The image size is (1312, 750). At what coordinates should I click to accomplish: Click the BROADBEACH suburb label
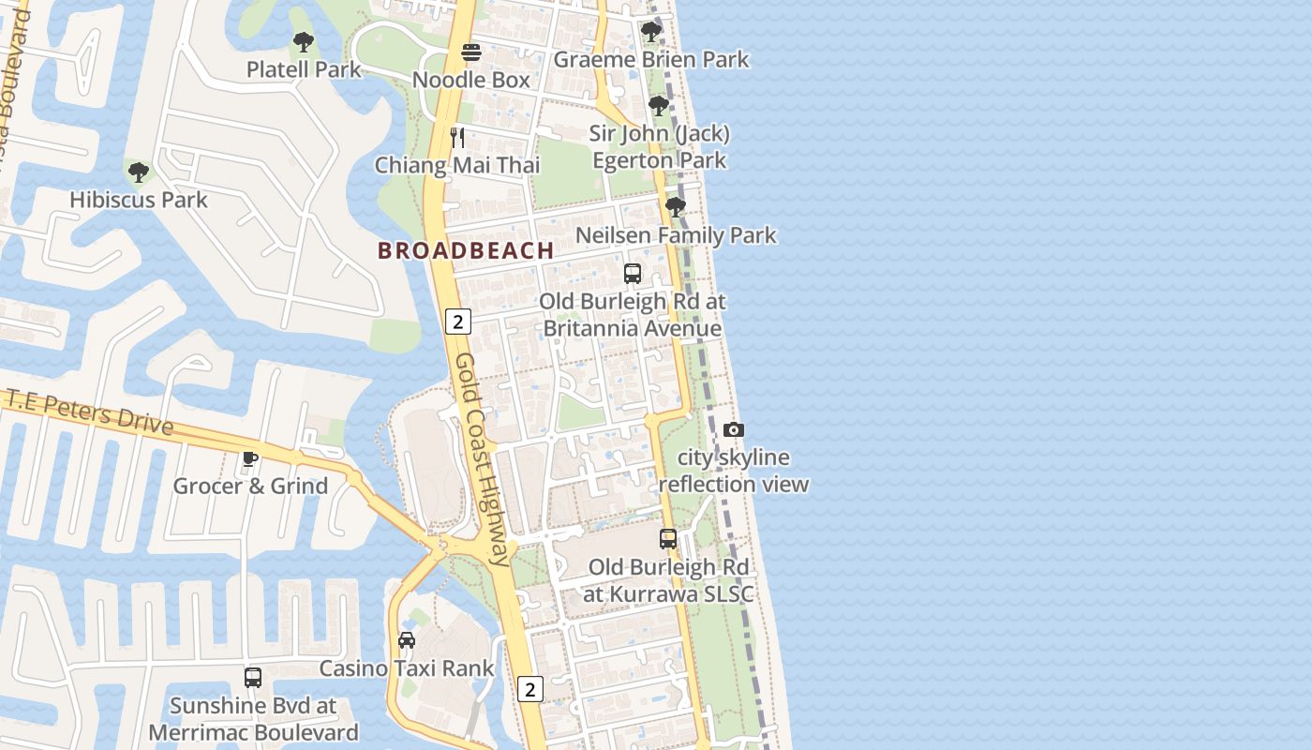pyautogui.click(x=465, y=251)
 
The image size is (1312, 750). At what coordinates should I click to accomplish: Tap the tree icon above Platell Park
pyautogui.click(x=303, y=42)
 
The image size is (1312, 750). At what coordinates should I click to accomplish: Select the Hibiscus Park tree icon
pyautogui.click(x=139, y=172)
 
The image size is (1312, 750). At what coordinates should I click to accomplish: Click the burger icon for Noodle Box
pyautogui.click(x=471, y=52)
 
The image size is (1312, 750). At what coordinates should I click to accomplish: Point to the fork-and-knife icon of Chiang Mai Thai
pyautogui.click(x=457, y=138)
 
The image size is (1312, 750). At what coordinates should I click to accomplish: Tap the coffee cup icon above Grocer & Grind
pyautogui.click(x=249, y=458)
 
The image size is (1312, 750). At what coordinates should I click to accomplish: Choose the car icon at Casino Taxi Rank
pyautogui.click(x=407, y=640)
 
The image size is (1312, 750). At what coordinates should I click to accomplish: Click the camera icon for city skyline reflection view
pyautogui.click(x=734, y=430)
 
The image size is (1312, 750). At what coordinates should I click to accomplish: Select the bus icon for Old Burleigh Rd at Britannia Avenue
pyautogui.click(x=633, y=274)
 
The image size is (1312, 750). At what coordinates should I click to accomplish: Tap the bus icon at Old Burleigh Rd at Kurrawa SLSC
pyautogui.click(x=668, y=539)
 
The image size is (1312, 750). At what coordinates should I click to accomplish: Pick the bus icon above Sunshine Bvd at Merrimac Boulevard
pyautogui.click(x=253, y=678)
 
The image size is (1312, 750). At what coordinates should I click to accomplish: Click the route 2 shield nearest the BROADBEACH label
pyautogui.click(x=457, y=322)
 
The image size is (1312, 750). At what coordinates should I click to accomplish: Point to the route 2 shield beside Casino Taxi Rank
pyautogui.click(x=530, y=689)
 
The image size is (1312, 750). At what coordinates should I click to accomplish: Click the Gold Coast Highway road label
pyautogui.click(x=483, y=459)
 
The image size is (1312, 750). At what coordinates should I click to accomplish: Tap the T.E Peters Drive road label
pyautogui.click(x=90, y=412)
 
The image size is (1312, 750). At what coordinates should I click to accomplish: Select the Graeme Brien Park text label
pyautogui.click(x=651, y=60)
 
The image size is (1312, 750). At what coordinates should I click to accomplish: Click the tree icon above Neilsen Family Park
pyautogui.click(x=675, y=207)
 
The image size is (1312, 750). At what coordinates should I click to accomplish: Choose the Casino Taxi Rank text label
pyautogui.click(x=407, y=668)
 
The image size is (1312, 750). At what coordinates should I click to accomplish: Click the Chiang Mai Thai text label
pyautogui.click(x=457, y=166)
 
